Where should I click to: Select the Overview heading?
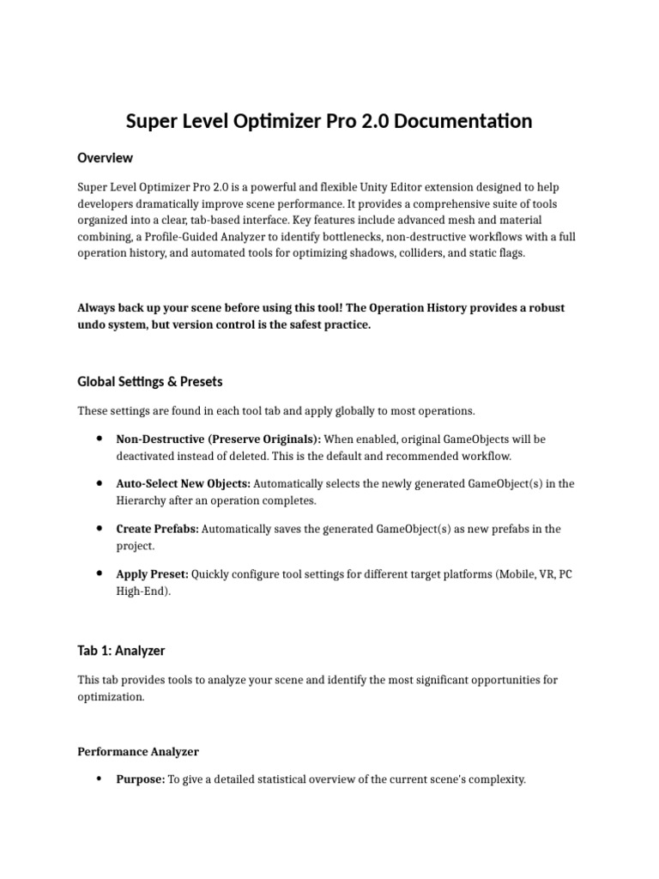pos(105,158)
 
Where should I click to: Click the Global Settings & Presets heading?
pos(149,381)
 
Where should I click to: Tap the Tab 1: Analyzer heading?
pos(121,651)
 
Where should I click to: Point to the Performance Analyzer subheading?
pos(138,751)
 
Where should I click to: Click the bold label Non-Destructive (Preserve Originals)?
pos(218,439)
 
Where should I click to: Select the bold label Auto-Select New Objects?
pos(184,483)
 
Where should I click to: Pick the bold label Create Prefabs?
pos(157,529)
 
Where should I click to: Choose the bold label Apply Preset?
pos(153,573)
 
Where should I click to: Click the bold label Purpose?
pos(140,779)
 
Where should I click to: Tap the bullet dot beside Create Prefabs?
pos(100,529)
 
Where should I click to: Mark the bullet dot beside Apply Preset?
pos(100,573)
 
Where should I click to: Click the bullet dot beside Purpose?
pos(100,779)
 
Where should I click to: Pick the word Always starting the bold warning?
pos(96,307)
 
